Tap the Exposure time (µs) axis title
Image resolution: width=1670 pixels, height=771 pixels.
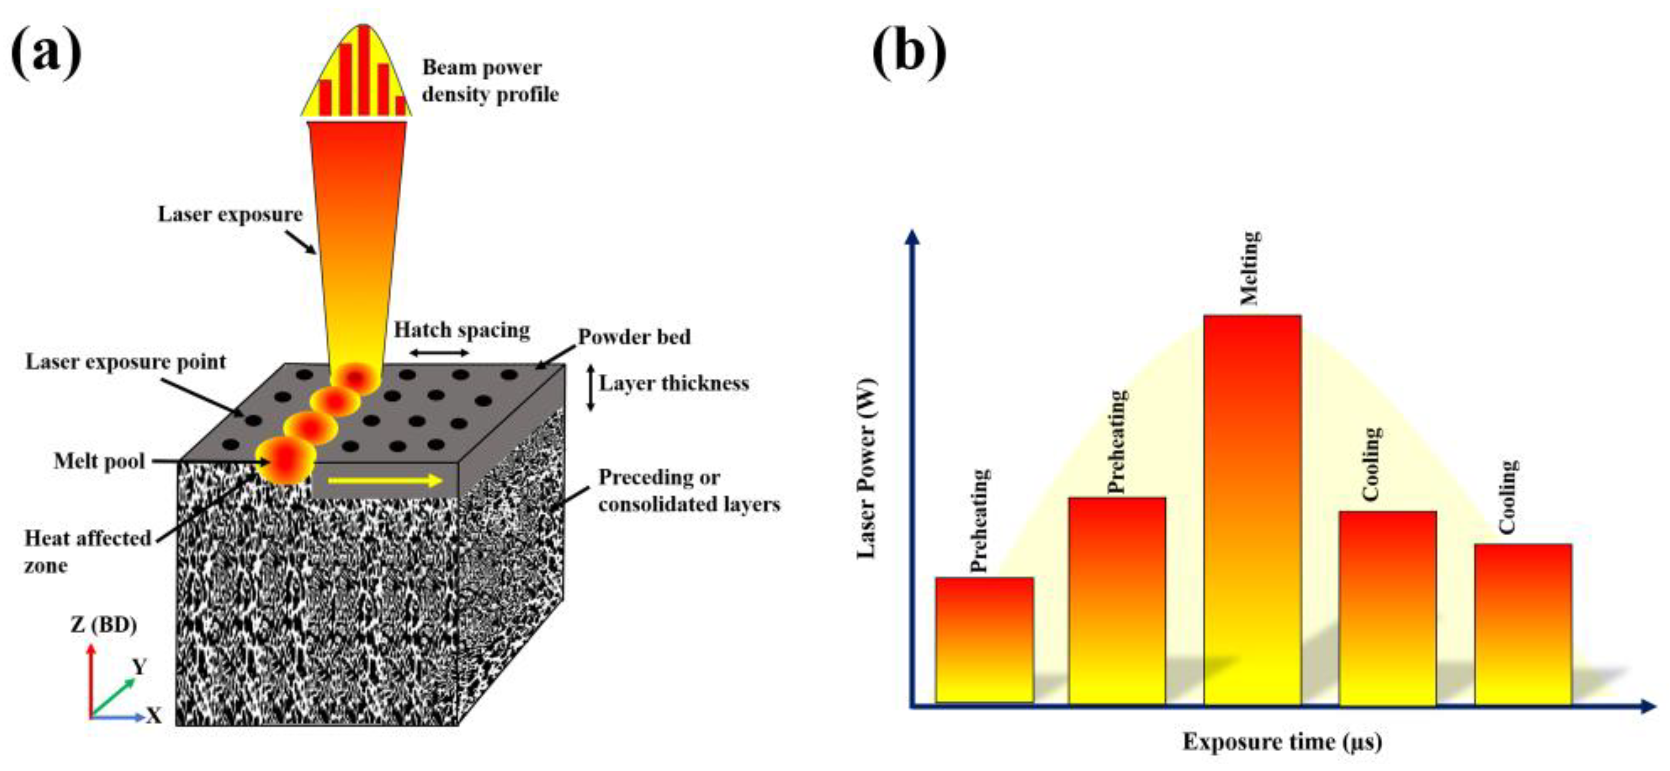pyautogui.click(x=1282, y=742)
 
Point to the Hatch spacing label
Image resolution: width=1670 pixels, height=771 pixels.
pyautogui.click(x=462, y=330)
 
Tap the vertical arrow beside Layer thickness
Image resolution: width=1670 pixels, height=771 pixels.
pyautogui.click(x=590, y=388)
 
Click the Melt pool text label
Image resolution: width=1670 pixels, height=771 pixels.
pyautogui.click(x=99, y=461)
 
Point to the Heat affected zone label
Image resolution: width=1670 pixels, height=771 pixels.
pyautogui.click(x=87, y=551)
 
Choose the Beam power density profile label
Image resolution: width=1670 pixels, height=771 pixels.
pyautogui.click(x=490, y=81)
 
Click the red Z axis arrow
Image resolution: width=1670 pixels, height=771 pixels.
pyautogui.click(x=92, y=678)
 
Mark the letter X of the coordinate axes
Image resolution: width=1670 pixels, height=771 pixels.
pyautogui.click(x=154, y=716)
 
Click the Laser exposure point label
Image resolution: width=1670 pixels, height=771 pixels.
pyautogui.click(x=126, y=362)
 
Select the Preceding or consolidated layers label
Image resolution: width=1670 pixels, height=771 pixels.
pyautogui.click(x=689, y=491)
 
